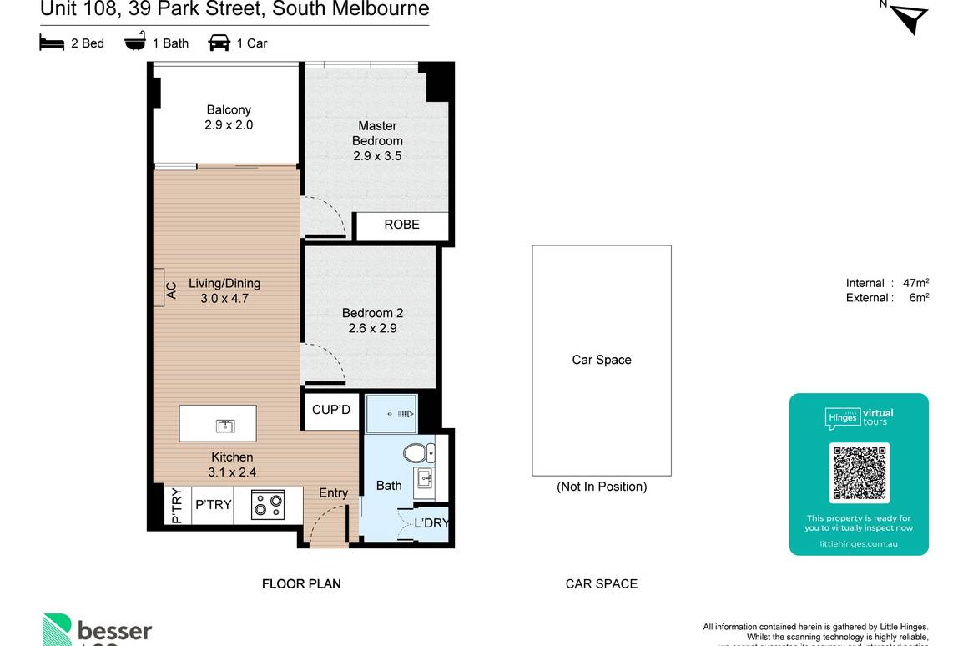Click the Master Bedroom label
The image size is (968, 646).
coord(377,134)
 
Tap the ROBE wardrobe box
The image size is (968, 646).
coord(401,225)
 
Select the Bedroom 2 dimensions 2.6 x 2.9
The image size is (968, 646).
coord(372,328)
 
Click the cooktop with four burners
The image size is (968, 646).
coord(267,505)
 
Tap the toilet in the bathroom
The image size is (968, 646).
coord(416,453)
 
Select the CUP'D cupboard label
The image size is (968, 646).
coord(331,410)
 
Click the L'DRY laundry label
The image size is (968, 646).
coord(431,523)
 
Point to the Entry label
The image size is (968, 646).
coord(333,492)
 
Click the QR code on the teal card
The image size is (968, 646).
coord(859,473)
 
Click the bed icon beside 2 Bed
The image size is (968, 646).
coord(52,43)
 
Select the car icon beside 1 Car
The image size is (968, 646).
coord(219,43)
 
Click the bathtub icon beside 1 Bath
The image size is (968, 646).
coord(135,42)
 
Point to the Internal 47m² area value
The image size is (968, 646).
coord(916,283)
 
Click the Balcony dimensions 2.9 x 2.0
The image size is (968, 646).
coord(229,125)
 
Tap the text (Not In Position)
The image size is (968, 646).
coord(602,487)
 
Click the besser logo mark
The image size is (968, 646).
coord(58,630)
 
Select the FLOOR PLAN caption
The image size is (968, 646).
coord(301,583)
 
